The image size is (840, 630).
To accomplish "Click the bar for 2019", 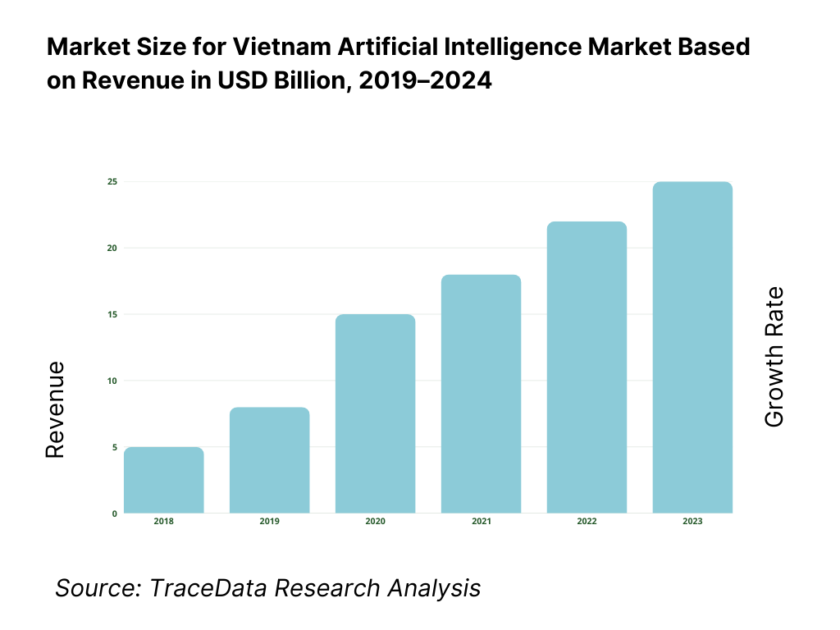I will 269,460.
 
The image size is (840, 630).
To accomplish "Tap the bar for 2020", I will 375,413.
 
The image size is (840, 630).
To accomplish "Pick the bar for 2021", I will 481,394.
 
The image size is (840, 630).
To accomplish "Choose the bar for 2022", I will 587,367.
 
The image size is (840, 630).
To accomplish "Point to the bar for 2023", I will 692,348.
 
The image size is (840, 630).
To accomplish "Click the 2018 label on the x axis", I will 164,522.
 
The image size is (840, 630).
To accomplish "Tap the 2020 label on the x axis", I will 375,522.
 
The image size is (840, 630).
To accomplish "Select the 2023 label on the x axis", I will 692,522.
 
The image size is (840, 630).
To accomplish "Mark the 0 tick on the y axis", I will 114,514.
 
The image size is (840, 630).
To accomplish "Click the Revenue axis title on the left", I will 55,409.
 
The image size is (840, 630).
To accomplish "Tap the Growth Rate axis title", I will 774,357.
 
